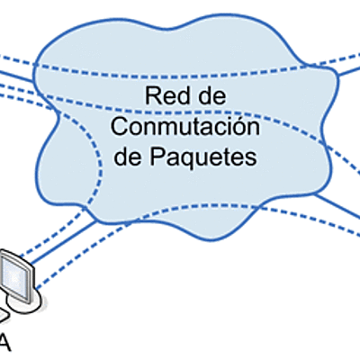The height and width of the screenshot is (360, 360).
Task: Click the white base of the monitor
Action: [27, 306]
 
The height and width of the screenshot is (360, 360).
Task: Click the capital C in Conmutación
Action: [118, 125]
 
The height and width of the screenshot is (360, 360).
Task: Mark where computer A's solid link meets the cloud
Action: [95, 220]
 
